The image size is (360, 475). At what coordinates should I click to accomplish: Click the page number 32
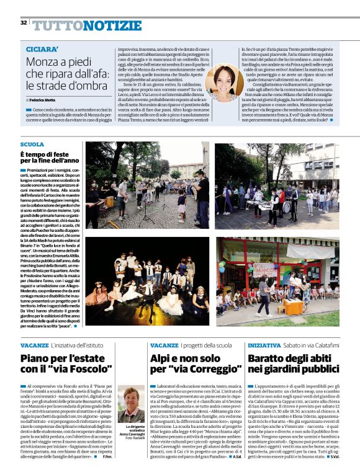click(x=23, y=23)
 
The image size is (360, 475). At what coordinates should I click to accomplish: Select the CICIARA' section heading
click(x=42, y=48)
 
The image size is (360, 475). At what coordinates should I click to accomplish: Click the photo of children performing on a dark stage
click(x=148, y=278)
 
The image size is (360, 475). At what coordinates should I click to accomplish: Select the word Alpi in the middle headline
click(x=163, y=358)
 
